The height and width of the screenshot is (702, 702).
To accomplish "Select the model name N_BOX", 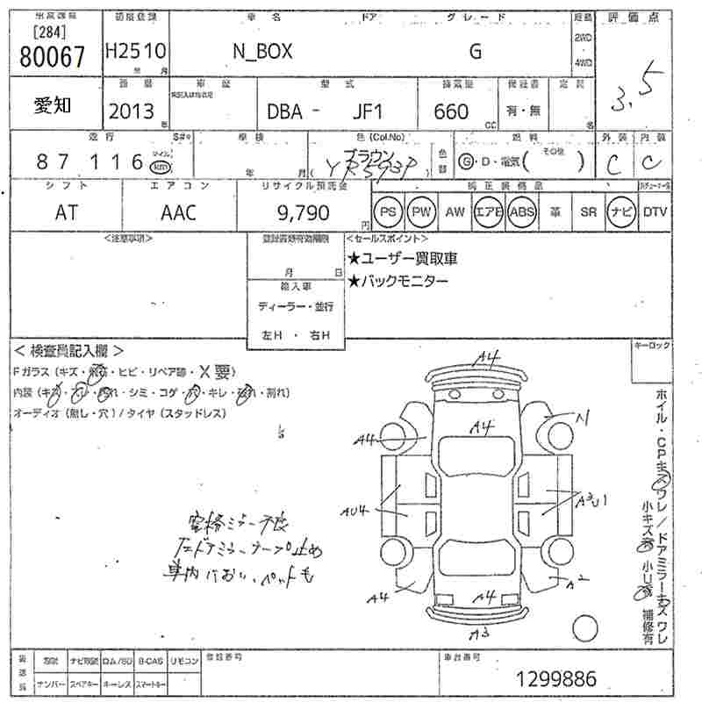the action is (x=262, y=52).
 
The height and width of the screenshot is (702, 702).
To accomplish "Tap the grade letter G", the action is (x=475, y=52).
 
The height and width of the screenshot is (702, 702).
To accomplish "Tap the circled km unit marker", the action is (x=160, y=166).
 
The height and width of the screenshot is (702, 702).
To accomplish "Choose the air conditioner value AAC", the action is (x=179, y=213).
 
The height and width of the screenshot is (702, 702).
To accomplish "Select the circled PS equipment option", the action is (x=388, y=212).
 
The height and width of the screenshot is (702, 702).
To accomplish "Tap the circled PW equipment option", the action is (x=423, y=212).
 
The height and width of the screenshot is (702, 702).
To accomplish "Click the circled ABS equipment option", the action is (x=522, y=212).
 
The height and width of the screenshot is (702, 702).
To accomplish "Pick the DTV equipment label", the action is (x=655, y=212).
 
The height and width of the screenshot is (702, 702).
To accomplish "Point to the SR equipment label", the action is (x=589, y=212).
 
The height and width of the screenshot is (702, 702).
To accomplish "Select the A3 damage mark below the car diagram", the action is (x=478, y=634).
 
